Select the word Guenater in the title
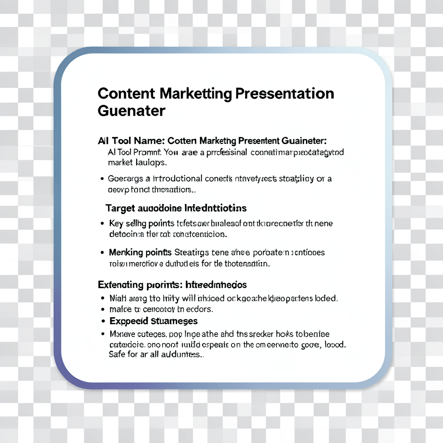pos(132,111)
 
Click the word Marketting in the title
pos(197,93)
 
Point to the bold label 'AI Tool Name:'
pos(131,141)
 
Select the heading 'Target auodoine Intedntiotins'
pos(176,208)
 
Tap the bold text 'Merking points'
pos(141,252)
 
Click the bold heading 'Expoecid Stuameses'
pos(154,321)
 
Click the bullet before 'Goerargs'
pos(102,178)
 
